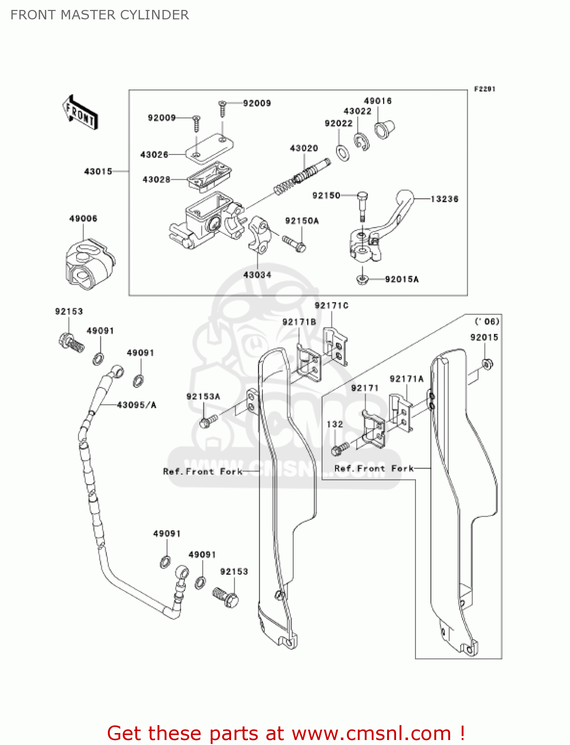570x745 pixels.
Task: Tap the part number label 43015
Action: [98, 171]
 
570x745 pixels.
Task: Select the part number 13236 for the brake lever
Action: [444, 199]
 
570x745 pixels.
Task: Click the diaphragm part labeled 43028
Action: [209, 178]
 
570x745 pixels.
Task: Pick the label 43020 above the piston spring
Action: [304, 148]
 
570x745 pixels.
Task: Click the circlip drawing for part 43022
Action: [362, 142]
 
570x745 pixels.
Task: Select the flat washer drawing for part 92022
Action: [342, 153]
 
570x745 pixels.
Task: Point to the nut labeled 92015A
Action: [363, 280]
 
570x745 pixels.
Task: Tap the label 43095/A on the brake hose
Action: [137, 405]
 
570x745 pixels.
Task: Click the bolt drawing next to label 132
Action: [340, 449]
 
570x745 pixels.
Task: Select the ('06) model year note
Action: [487, 321]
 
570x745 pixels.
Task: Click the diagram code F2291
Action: [485, 89]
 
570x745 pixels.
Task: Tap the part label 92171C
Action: [331, 305]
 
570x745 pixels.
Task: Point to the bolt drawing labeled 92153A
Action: [208, 421]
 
